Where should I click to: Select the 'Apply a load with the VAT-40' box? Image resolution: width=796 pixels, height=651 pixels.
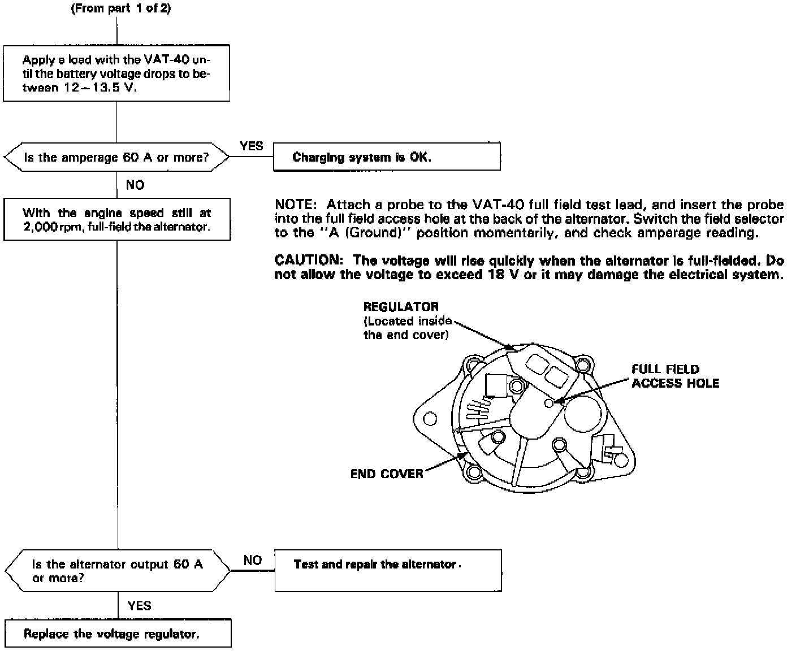click(x=116, y=74)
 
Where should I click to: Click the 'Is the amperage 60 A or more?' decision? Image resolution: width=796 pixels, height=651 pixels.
click(x=116, y=157)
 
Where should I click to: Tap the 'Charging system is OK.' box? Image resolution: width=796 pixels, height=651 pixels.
click(x=387, y=157)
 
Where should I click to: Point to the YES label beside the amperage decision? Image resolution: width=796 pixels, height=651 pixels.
click(x=251, y=146)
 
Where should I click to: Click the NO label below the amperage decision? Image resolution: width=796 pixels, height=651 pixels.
click(x=135, y=185)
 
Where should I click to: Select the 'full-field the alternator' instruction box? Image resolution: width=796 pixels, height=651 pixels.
click(x=116, y=220)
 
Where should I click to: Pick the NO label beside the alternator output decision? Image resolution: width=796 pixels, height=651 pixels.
click(x=252, y=560)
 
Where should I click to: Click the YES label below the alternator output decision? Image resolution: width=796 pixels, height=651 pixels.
click(x=139, y=606)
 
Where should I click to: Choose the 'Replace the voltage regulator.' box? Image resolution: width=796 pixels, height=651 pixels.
click(x=118, y=633)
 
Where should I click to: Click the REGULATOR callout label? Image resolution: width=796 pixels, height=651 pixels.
click(x=401, y=307)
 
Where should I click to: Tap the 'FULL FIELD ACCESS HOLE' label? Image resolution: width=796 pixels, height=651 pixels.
click(x=675, y=376)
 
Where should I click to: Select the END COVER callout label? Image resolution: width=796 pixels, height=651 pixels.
click(x=387, y=474)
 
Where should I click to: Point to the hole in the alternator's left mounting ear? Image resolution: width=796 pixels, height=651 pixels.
click(x=430, y=419)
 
